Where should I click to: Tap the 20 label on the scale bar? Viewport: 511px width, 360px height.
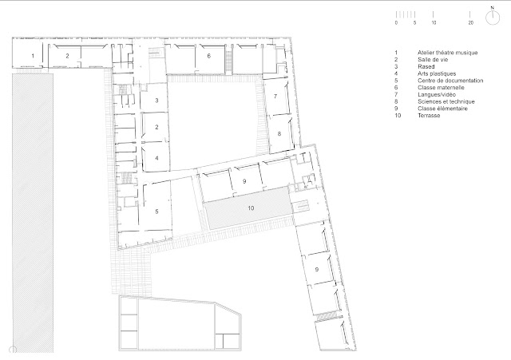click(470, 23)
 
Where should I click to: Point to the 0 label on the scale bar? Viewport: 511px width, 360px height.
click(396, 23)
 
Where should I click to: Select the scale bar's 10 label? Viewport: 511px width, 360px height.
click(434, 23)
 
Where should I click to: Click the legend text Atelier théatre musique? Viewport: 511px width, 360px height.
click(447, 53)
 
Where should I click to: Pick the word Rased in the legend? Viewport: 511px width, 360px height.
click(426, 66)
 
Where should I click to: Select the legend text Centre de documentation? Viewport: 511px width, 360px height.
click(450, 81)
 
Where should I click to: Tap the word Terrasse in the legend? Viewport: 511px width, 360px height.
click(429, 115)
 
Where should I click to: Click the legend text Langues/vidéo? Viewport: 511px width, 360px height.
click(437, 94)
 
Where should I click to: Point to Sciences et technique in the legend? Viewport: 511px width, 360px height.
click(446, 101)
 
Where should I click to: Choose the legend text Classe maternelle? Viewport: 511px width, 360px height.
click(441, 87)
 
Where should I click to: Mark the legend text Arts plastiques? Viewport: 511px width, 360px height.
click(437, 73)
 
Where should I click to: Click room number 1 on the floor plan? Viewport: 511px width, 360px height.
click(33, 56)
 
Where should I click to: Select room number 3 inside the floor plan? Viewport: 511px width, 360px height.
click(156, 101)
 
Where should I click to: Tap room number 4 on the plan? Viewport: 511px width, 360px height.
click(156, 158)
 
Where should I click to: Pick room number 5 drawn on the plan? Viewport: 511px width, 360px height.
click(156, 212)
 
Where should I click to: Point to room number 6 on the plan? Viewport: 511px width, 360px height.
click(209, 56)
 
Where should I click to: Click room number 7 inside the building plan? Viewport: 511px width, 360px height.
click(275, 96)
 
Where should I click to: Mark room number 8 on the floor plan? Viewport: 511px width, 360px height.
click(279, 133)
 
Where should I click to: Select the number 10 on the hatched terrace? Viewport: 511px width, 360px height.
click(251, 208)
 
